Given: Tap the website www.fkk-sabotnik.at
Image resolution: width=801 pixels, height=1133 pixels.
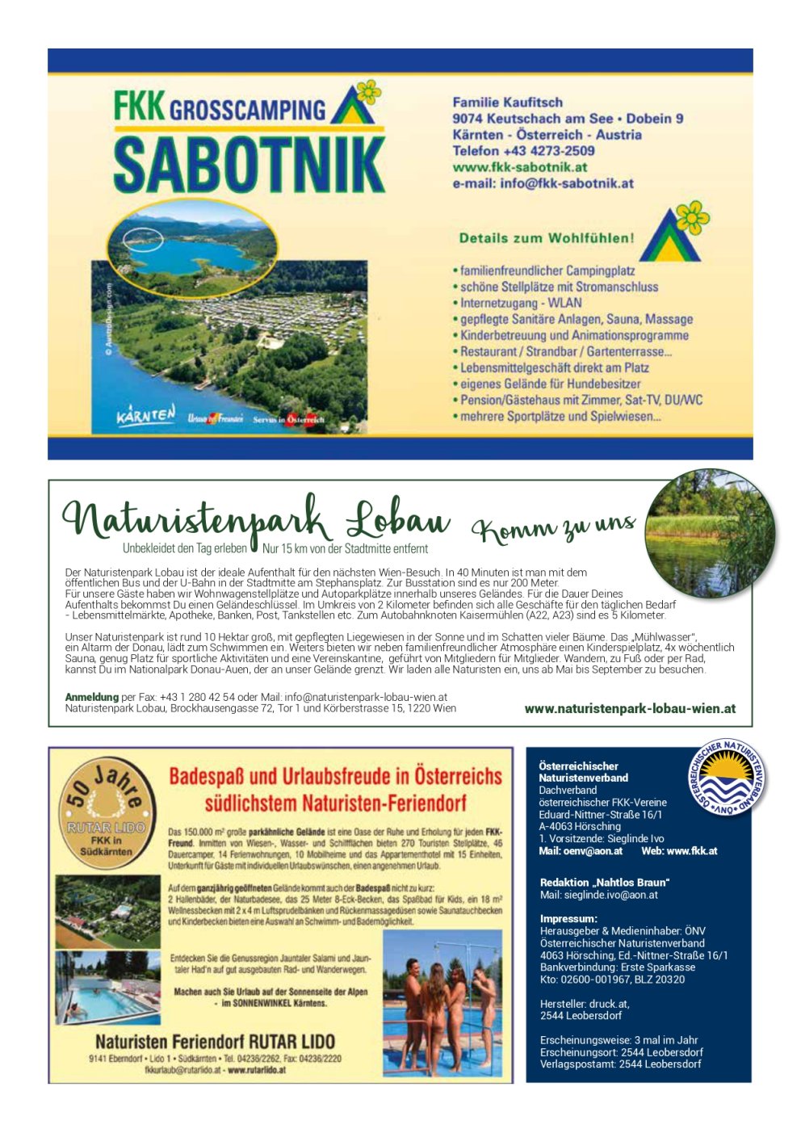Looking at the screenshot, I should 520,167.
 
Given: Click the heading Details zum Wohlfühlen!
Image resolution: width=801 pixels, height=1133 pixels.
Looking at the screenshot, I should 547,238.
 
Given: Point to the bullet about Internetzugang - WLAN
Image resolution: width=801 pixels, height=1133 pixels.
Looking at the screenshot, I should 521,303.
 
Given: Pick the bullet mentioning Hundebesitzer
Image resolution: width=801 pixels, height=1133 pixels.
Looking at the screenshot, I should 550,384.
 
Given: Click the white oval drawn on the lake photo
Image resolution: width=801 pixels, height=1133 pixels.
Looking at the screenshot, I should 144,239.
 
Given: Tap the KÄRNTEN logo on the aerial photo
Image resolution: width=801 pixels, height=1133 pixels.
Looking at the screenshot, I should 145,416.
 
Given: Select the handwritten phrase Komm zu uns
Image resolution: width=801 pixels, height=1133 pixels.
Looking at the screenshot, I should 554,527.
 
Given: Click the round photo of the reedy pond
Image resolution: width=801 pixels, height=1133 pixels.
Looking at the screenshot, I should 710,534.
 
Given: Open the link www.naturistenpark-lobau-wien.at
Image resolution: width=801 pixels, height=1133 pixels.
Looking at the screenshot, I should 630,708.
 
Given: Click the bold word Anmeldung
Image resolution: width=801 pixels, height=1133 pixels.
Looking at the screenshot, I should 91,697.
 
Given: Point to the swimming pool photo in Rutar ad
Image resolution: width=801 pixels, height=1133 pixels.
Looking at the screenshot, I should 107,988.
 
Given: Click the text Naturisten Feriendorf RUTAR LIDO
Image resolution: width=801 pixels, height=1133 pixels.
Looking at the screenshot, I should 215,1041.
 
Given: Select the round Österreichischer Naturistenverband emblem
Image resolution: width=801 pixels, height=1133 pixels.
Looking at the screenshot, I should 727,778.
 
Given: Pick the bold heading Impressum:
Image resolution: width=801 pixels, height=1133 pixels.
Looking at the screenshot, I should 568,919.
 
